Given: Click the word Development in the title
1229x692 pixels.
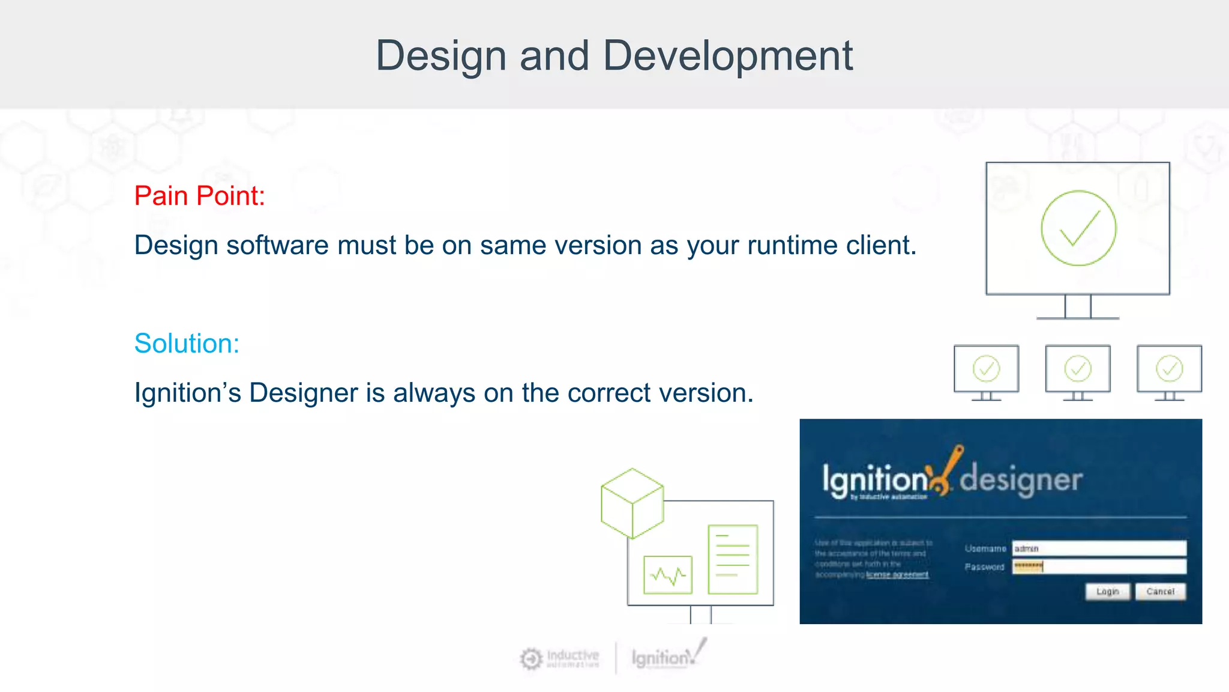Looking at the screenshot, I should pos(727,56).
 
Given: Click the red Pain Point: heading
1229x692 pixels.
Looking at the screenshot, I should pos(199,196).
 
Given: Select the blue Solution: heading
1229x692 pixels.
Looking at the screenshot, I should pos(187,344).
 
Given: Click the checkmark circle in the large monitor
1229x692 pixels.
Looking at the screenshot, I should pos(1078,228).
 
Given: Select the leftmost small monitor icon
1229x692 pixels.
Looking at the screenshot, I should pos(986,369).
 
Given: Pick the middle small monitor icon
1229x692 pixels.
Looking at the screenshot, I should pos(1078,369).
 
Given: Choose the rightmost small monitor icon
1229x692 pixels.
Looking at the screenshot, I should pos(1169,369).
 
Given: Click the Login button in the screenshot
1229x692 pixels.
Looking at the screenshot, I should pos(1107,592).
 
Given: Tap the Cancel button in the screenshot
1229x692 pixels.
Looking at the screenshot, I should pos(1160,592).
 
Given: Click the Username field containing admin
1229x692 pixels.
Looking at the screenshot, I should pos(1099,548).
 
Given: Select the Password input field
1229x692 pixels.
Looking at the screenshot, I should pos(1099,566).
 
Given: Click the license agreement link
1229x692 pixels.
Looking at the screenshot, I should pos(897,575).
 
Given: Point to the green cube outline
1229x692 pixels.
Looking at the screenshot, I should pos(632,503).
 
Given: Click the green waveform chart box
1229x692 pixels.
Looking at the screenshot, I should pos(667,575).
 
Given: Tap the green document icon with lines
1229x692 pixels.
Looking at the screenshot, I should pos(733,559).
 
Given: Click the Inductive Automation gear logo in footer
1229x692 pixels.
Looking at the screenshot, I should pos(531,659).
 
